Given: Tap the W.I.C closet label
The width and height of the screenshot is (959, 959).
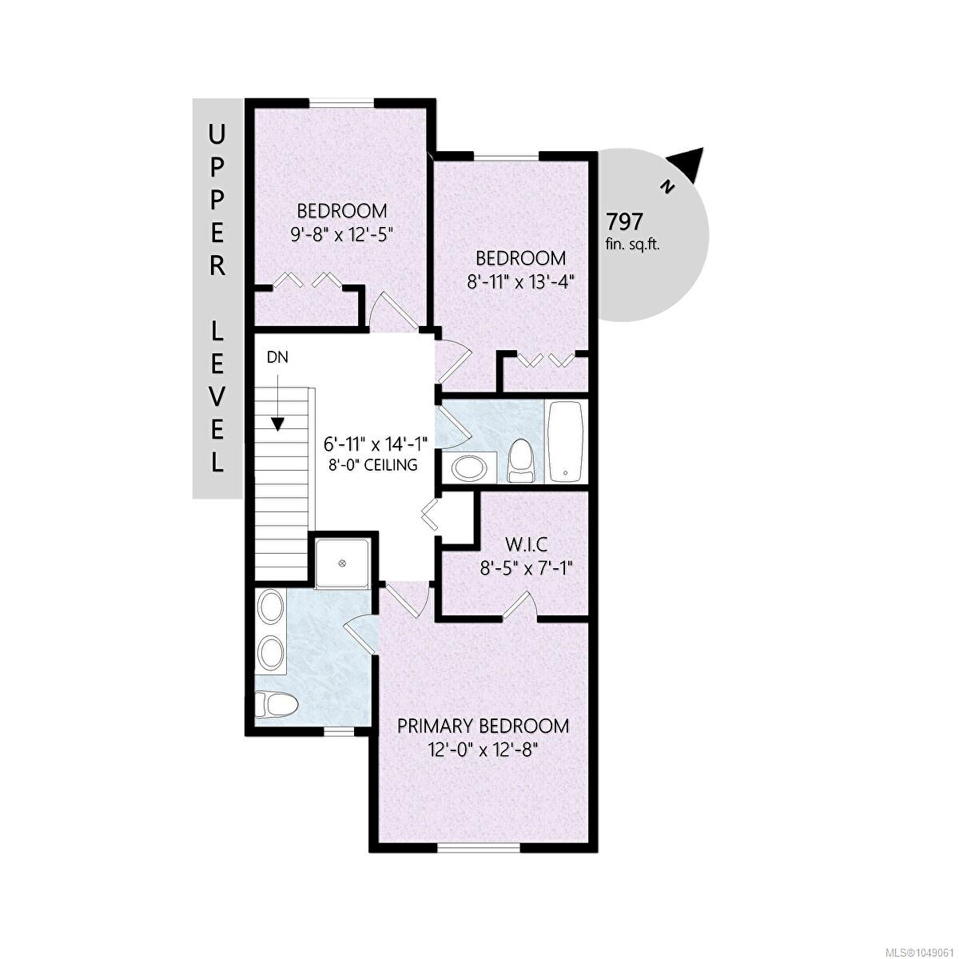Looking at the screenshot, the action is [527, 545].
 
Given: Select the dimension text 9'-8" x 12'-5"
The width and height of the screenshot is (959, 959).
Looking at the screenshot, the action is [341, 234].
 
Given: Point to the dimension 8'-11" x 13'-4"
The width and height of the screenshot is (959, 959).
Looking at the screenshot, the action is [520, 282].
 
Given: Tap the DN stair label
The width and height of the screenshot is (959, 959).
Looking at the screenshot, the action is [277, 356].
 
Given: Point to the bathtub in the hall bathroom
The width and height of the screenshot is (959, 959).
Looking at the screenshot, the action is [565, 441].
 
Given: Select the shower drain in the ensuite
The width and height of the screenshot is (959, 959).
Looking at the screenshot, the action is [342, 563].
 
